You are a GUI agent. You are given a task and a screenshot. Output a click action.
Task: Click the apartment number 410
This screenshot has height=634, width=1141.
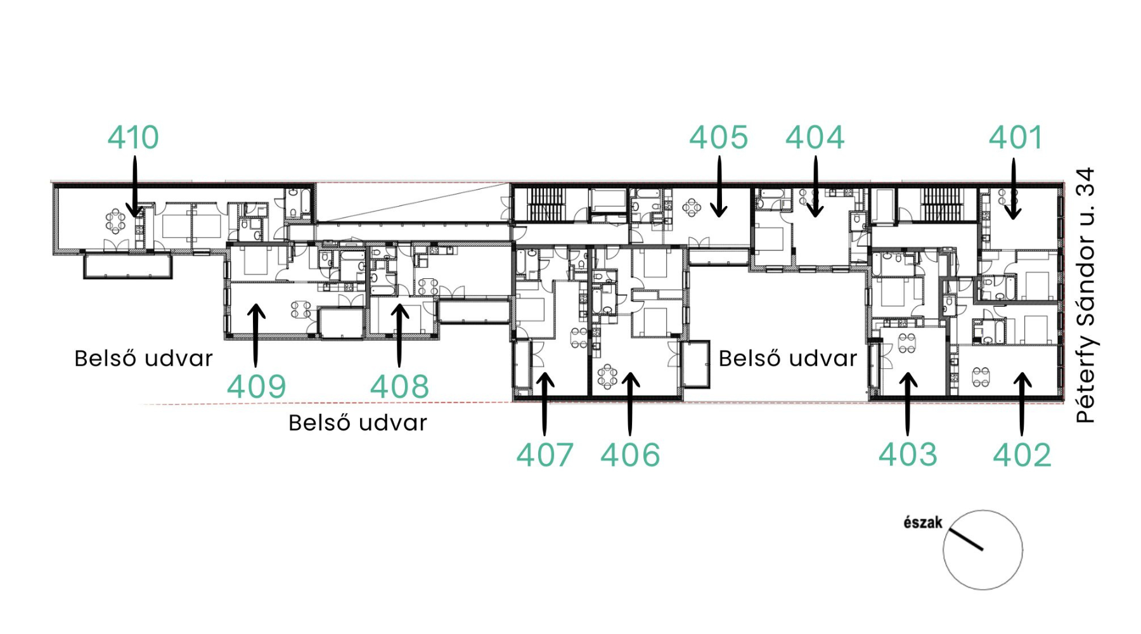pos(133,138)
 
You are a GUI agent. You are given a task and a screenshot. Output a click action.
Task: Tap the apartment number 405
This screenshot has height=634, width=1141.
pos(719,138)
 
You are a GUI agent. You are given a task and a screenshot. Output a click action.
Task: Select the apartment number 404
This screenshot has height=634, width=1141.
pos(815,138)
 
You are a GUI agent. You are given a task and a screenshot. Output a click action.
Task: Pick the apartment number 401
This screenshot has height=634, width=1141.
pos(1015,138)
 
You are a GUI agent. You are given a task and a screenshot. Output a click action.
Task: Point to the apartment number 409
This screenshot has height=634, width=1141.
pos(257,387)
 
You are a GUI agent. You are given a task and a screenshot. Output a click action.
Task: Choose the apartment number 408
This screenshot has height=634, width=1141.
pos(399,387)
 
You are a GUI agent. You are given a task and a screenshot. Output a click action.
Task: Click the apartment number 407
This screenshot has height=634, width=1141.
pos(545,455)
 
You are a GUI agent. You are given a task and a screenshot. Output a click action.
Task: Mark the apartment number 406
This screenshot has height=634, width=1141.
pos(630,455)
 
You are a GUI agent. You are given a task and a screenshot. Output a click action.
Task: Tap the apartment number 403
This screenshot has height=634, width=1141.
pos(908,455)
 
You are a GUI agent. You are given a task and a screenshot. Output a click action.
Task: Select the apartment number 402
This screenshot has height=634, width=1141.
pos(1022,455)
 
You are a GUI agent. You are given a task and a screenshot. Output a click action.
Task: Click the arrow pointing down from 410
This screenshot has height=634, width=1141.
pos(134,187)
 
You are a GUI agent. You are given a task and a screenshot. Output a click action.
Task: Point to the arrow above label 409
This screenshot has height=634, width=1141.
pos(255,335)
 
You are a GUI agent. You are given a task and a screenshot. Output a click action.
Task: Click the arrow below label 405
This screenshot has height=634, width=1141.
pos(719,187)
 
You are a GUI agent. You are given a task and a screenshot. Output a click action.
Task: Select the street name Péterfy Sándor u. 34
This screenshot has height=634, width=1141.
pos(1086,295)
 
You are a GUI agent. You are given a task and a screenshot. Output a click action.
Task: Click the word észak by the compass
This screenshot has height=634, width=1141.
pos(923,522)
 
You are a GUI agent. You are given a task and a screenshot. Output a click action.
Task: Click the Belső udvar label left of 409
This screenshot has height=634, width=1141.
pos(143,359)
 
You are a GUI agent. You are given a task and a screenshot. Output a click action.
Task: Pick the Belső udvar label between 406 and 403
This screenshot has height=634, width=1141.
pos(787,359)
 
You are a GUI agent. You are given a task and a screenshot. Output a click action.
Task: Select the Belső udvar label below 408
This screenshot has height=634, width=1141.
pos(358,423)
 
